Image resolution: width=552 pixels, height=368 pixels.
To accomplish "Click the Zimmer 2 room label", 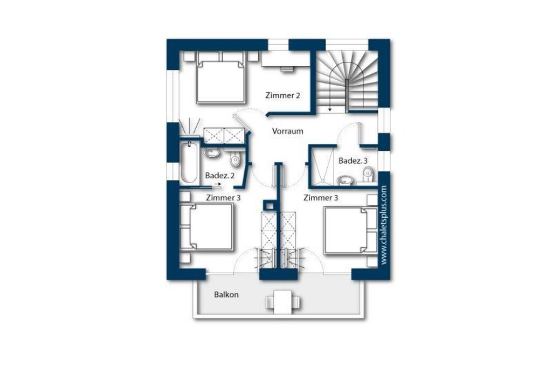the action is coord(282,95).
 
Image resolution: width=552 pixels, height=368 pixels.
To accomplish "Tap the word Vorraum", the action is coord(288,131).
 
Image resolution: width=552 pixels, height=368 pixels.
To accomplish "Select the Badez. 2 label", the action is coord(220,175).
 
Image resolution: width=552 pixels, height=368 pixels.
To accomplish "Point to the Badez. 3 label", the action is coord(353,161).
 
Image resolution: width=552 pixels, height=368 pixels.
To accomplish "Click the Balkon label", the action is coord(226,295).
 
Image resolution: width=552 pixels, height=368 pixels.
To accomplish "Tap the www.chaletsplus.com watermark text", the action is coord(384,225).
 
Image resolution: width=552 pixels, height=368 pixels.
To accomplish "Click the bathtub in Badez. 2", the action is coord(189,162).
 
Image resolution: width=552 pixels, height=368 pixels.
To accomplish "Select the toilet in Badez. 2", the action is coord(235,159).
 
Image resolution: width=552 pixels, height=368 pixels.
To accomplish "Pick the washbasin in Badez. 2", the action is coord(212,153).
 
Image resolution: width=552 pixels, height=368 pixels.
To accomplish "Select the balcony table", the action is coord(283,302).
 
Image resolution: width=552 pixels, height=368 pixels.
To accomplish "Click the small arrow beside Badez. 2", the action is coord(218,184).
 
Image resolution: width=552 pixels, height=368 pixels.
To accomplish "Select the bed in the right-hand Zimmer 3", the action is coord(347,230).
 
